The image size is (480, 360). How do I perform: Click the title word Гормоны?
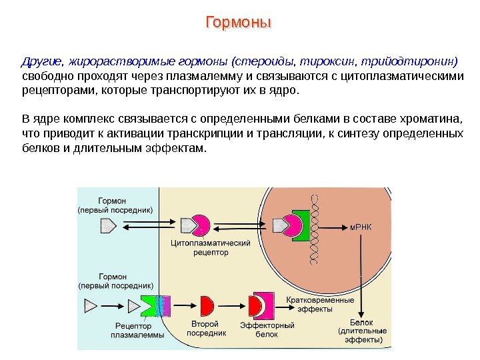pyautogui.click(x=239, y=23)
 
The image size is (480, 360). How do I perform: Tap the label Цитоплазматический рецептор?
pyautogui.click(x=211, y=248)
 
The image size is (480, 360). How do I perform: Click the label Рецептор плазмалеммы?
pyautogui.click(x=137, y=331)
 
